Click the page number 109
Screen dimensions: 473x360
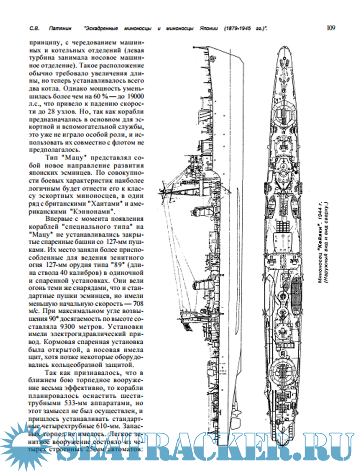pos(330,28)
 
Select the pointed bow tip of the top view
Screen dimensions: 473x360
pos(281,47)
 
